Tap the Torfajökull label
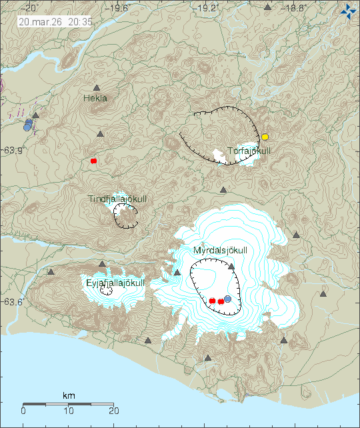250,151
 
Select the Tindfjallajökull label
117,199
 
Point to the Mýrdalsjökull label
221,251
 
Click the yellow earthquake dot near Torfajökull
265,137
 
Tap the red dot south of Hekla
94,161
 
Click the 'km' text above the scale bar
69,396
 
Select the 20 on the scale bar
114,411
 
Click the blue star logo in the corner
348,11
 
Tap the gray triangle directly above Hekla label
97,88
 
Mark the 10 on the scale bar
69,411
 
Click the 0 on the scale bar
23,411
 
